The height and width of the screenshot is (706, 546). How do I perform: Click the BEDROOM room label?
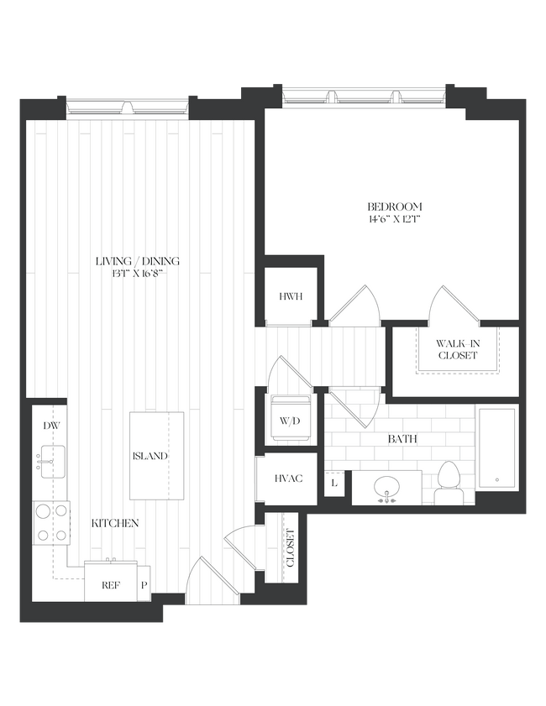tap(394, 207)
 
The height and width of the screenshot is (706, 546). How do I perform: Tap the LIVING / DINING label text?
tap(137, 261)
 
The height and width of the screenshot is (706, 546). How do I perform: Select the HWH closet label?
tap(290, 296)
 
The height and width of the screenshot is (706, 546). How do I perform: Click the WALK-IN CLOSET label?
tap(457, 349)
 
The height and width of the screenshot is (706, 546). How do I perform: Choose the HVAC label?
tap(287, 478)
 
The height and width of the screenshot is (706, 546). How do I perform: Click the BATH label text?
tap(402, 439)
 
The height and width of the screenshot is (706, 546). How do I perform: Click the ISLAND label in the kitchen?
tap(150, 456)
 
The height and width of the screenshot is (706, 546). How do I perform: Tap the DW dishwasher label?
tap(50, 426)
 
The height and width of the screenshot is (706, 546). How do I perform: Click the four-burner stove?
tap(50, 524)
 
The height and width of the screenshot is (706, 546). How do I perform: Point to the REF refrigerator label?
tap(110, 585)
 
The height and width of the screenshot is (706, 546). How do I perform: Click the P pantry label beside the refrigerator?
tap(144, 585)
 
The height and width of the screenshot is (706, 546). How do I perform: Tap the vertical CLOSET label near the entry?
tap(291, 549)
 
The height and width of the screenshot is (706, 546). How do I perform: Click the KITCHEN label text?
tap(114, 523)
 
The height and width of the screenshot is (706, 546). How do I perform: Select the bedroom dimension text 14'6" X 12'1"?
tap(394, 220)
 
